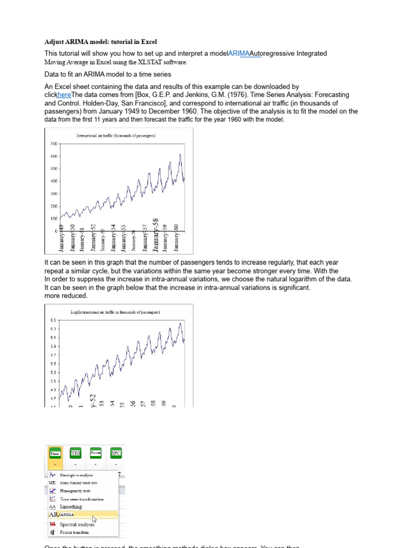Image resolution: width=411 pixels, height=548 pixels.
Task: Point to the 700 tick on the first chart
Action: click(54, 144)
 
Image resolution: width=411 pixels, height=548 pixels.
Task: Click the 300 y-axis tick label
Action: click(54, 194)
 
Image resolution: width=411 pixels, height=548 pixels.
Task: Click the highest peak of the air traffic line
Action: click(180, 155)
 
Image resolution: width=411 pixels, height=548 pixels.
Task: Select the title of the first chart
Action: click(116, 136)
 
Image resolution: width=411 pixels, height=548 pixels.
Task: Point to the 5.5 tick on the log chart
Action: click(52, 364)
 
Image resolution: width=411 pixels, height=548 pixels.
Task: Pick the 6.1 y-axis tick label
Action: click(52, 338)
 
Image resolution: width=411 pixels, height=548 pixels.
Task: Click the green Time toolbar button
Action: click(55, 454)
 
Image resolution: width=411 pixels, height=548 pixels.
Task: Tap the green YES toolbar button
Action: click(75, 453)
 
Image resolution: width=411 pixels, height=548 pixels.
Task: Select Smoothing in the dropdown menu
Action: click(71, 506)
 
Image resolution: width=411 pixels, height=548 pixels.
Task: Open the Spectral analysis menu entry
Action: click(77, 524)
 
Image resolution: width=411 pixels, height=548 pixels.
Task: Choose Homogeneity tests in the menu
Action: click(75, 490)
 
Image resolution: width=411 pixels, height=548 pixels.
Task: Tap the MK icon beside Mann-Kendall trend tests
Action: click(52, 482)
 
